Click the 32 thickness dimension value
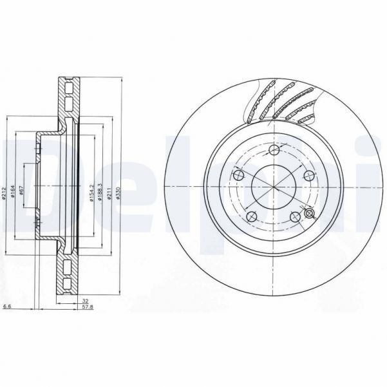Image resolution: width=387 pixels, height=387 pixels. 84,300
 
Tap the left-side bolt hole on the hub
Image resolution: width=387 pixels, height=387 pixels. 238,176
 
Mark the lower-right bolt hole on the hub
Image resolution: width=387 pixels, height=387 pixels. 297,217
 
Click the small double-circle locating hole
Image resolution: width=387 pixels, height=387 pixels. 309,212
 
